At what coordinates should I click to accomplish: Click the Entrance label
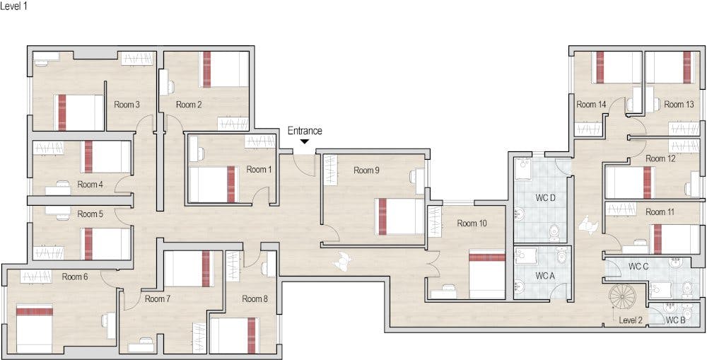[305, 131]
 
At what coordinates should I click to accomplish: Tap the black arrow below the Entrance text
[305, 141]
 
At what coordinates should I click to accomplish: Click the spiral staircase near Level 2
[622, 297]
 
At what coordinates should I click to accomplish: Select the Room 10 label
[472, 223]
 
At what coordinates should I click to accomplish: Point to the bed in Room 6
[34, 328]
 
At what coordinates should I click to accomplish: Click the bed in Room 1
[213, 184]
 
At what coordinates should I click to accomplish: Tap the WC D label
[545, 197]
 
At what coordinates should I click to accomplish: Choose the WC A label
[544, 276]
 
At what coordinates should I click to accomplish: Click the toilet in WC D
[554, 233]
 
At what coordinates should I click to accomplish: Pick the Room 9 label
[366, 170]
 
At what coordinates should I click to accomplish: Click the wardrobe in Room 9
[330, 170]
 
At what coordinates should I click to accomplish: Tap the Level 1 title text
[14, 7]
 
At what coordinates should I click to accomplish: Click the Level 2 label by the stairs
[631, 320]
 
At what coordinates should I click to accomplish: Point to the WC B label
[675, 321]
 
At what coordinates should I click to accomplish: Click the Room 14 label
[591, 104]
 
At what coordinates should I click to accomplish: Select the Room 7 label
[158, 298]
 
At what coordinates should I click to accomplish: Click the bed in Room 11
[674, 238]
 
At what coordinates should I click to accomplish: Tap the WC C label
[638, 266]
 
